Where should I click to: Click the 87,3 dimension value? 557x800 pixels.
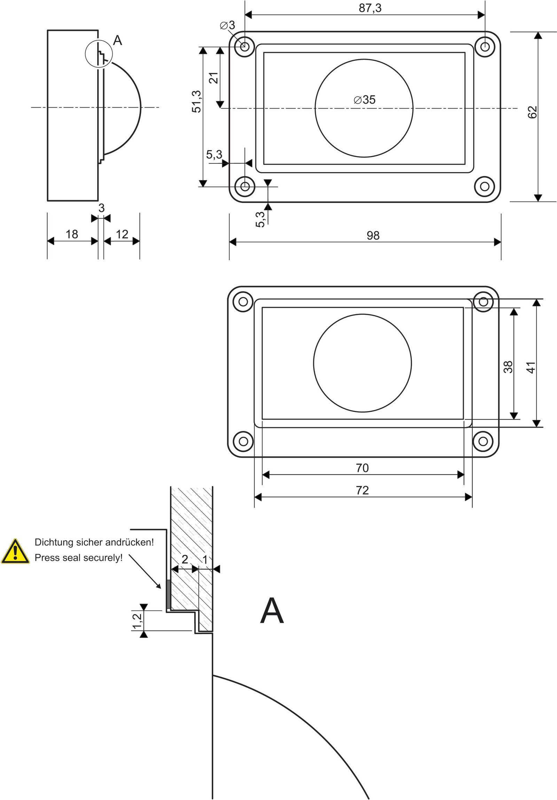pyautogui.click(x=370, y=8)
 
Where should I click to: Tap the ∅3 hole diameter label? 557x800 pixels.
pyautogui.click(x=227, y=25)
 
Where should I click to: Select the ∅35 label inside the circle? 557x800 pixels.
pyautogui.click(x=364, y=100)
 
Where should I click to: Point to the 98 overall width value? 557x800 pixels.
pyautogui.click(x=373, y=235)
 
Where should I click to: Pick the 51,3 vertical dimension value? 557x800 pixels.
pyautogui.click(x=197, y=101)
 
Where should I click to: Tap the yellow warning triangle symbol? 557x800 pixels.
pyautogui.click(x=15, y=552)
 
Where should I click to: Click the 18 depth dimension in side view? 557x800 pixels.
pyautogui.click(x=72, y=234)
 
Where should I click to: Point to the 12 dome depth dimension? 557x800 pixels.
pyautogui.click(x=122, y=234)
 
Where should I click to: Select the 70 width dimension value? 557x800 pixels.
pyautogui.click(x=362, y=468)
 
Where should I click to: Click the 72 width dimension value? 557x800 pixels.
pyautogui.click(x=362, y=490)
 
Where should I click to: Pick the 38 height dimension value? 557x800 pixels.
pyautogui.click(x=508, y=367)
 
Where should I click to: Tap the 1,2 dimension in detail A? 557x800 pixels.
pyautogui.click(x=137, y=621)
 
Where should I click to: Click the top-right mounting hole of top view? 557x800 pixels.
pyautogui.click(x=485, y=46)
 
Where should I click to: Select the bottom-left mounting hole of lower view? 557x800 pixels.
pyautogui.click(x=243, y=442)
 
